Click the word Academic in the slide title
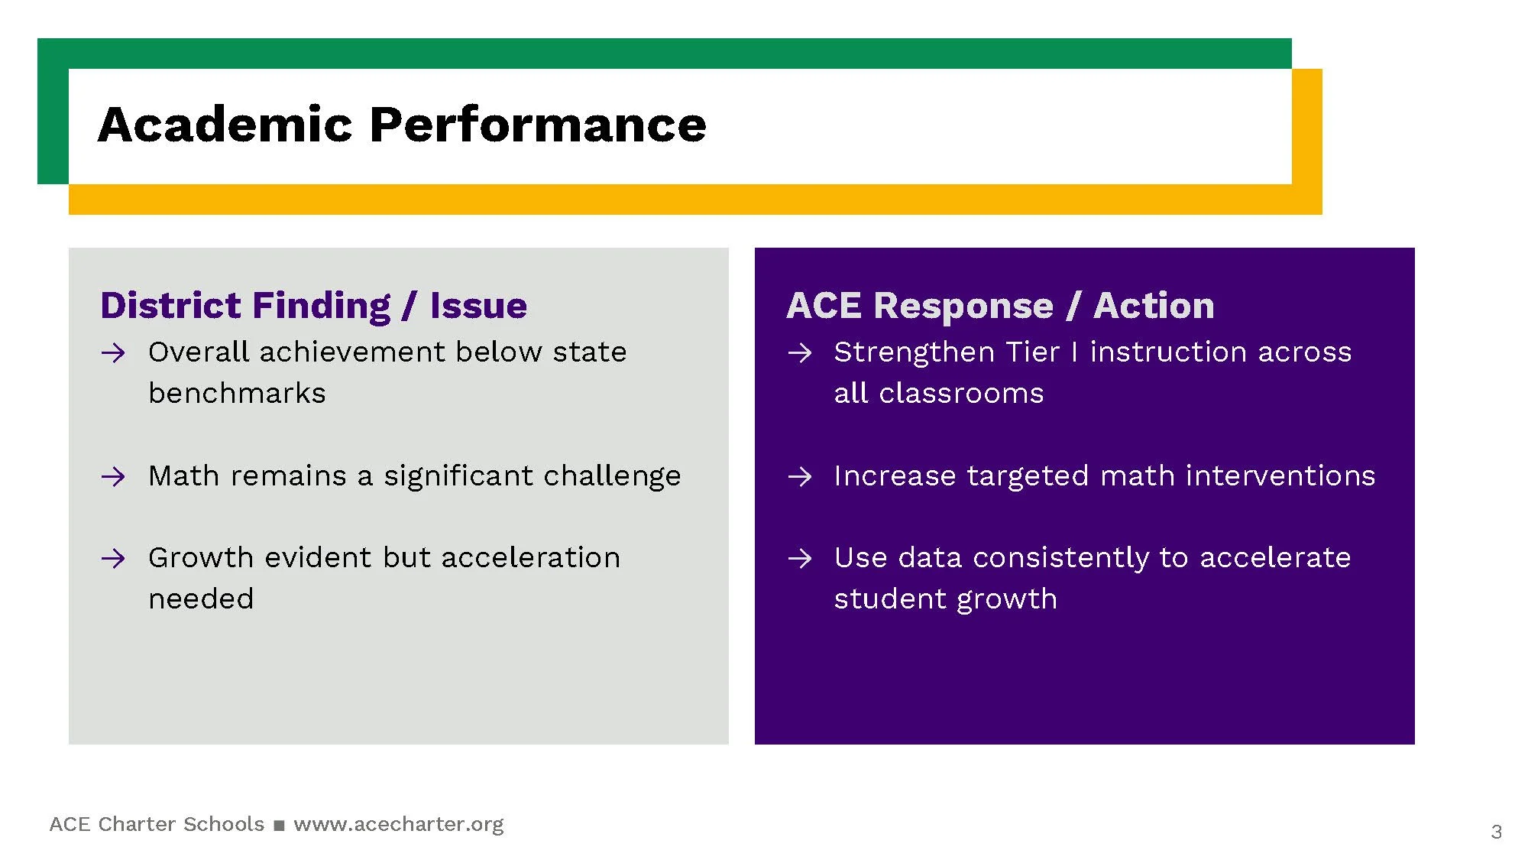point(226,124)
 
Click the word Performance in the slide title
point(539,124)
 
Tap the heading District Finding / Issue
point(314,306)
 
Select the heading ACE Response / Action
point(1001,306)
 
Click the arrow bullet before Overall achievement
point(113,353)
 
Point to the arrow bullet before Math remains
point(113,477)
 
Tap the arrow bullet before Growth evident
point(113,559)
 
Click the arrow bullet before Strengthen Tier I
point(800,353)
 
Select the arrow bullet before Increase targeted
point(800,477)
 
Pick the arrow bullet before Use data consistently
point(800,559)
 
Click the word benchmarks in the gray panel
point(237,393)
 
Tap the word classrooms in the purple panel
point(961,393)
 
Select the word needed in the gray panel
point(201,599)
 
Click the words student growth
point(946,599)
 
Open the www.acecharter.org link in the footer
point(399,824)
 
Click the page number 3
point(1496,832)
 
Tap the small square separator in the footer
point(279,826)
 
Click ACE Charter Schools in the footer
point(157,824)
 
